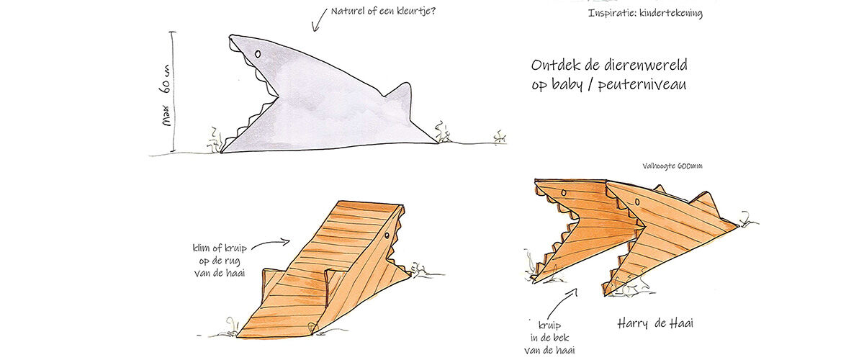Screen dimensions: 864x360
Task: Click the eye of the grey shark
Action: pos(258,53)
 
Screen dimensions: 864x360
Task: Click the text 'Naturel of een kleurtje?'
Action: pos(383,11)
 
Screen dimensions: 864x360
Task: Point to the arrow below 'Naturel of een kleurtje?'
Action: pos(318,20)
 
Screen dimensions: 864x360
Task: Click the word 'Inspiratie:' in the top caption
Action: pos(612,13)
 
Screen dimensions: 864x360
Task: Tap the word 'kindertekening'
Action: pos(671,14)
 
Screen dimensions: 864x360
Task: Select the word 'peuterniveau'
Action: pos(642,85)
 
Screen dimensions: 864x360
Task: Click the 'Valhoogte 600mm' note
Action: pos(672,166)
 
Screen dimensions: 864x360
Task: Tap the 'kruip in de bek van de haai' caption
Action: pos(549,338)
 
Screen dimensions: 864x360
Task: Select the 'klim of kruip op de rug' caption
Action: pos(220,261)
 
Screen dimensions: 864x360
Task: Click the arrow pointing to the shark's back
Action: pos(271,244)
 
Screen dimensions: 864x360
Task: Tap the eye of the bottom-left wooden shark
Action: pos(387,235)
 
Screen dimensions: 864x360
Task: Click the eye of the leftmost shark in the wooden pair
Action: pos(564,192)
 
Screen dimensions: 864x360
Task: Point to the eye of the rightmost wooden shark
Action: pos(637,202)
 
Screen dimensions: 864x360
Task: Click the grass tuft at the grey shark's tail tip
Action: pos(442,132)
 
